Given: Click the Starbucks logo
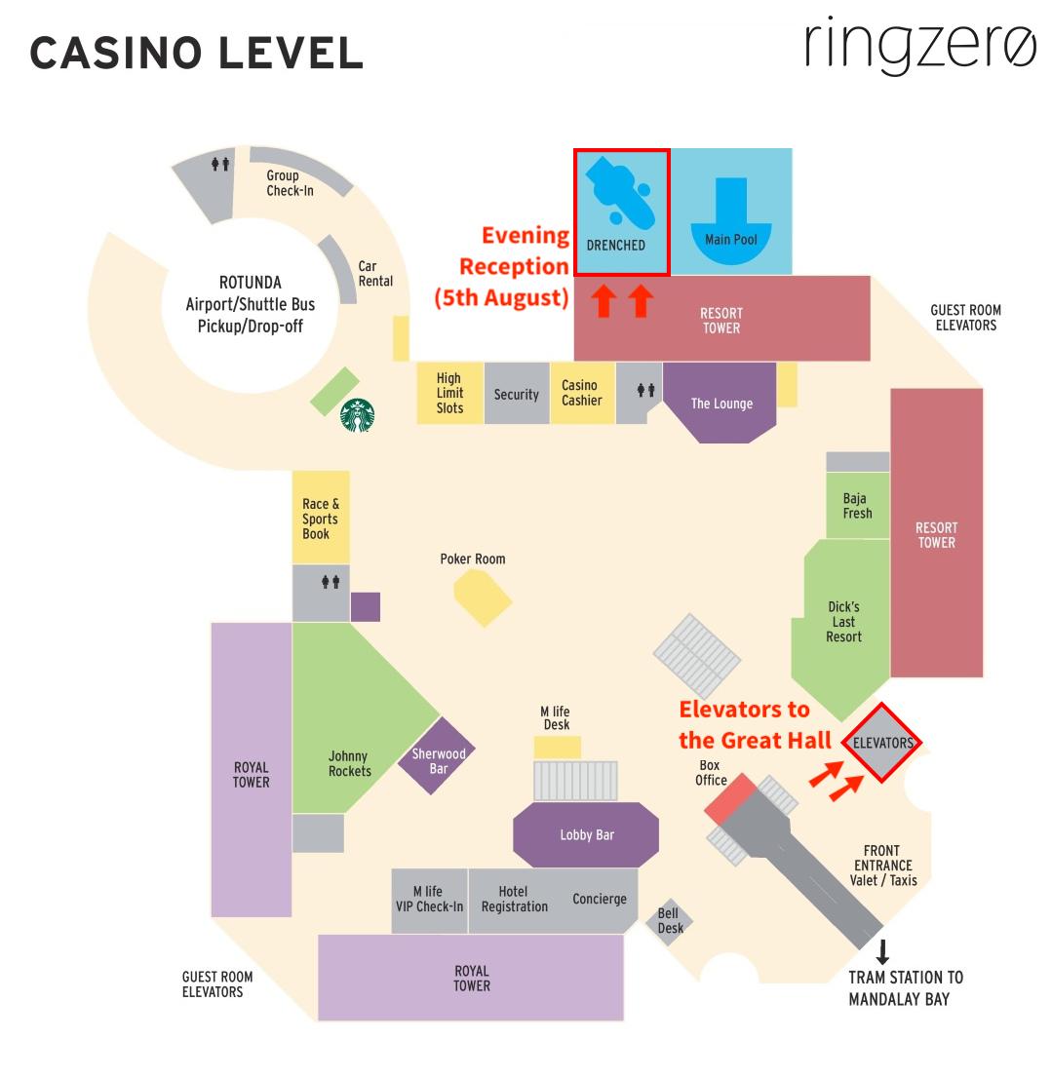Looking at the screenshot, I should click(x=358, y=415).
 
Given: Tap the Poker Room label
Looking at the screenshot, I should click(x=473, y=559).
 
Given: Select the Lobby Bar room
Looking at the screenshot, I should click(x=586, y=835).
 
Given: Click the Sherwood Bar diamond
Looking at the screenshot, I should click(x=438, y=756).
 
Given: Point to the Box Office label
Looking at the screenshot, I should click(x=711, y=773).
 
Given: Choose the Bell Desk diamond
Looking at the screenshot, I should click(x=670, y=921).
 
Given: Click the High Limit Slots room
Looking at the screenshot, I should click(x=449, y=393).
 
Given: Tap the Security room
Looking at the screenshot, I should click(x=516, y=395).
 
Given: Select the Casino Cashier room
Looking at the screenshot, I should click(x=581, y=393).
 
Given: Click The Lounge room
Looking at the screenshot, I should click(x=721, y=403).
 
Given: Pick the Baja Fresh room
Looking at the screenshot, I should click(x=857, y=506).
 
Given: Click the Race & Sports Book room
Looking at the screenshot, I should click(x=321, y=519).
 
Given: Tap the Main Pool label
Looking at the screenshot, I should click(x=731, y=240).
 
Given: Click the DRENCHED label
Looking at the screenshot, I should click(x=615, y=246).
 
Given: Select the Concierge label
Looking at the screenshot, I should click(x=599, y=899).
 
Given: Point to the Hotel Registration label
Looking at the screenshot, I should click(x=514, y=899).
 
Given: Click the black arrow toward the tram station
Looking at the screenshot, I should click(x=883, y=951).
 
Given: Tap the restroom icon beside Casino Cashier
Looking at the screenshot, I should click(x=645, y=391).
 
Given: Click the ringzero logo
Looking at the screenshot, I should click(x=920, y=45).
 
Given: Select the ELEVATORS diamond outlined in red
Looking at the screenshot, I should click(x=882, y=743).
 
